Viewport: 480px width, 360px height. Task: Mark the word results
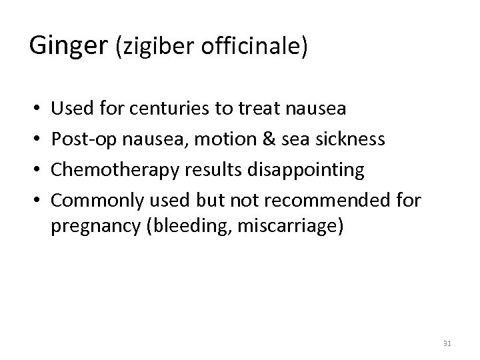click(215, 170)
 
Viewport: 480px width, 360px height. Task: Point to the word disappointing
click(307, 170)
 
